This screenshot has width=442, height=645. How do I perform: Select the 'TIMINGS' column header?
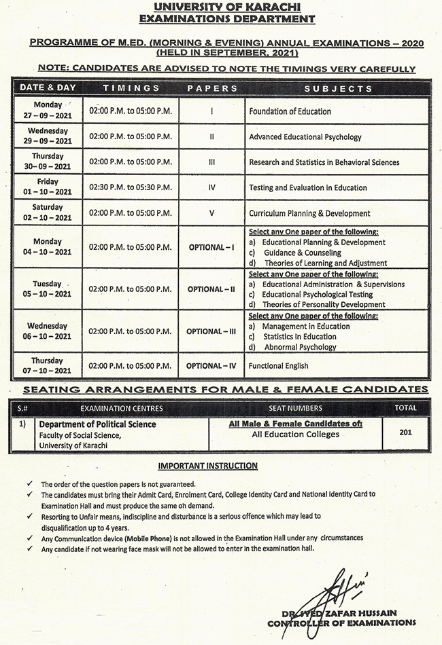(131, 88)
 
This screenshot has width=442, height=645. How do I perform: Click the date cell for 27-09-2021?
(48, 111)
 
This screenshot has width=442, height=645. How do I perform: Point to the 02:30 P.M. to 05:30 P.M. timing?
(131, 187)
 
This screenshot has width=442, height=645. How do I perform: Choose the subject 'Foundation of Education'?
(290, 111)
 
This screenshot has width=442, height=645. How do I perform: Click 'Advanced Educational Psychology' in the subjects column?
(305, 136)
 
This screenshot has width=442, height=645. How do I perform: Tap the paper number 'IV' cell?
(211, 187)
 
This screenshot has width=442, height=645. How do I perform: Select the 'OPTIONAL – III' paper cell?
(211, 331)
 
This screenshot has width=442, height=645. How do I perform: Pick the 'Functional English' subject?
(278, 366)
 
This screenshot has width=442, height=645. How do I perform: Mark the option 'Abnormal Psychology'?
(299, 347)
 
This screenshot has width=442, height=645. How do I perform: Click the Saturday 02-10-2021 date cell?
(48, 213)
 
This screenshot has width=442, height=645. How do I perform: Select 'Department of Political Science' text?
(97, 424)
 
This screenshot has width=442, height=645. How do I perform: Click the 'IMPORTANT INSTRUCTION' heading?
(208, 466)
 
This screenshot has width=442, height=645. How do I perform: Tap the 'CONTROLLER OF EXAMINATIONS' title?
(341, 623)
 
